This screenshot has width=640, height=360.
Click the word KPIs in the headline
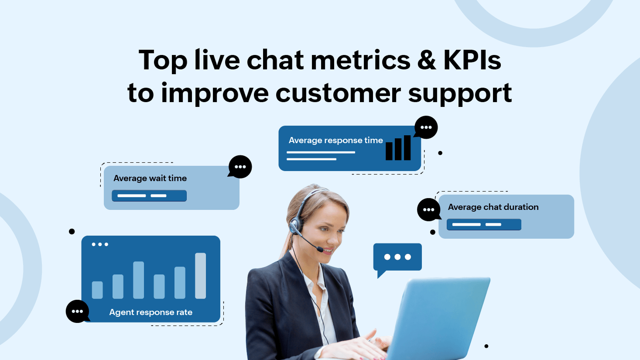(x=472, y=60)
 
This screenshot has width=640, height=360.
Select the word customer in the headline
(x=338, y=93)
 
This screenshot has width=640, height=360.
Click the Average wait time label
(x=150, y=178)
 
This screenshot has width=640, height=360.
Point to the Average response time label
(x=335, y=140)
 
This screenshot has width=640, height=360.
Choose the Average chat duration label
(x=493, y=207)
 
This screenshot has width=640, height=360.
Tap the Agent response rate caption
(x=151, y=312)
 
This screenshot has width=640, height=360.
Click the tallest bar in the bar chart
(x=200, y=275)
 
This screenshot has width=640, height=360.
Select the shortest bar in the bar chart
(x=97, y=290)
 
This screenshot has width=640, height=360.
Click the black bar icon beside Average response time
(x=398, y=148)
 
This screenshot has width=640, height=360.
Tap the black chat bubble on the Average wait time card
(x=240, y=167)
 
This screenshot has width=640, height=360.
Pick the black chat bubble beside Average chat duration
(x=429, y=209)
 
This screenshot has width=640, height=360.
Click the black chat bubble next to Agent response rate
(x=77, y=311)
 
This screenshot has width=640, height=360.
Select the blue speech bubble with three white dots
(x=397, y=257)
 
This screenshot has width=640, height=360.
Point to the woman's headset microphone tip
(x=320, y=249)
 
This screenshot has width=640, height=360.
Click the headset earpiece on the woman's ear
(x=295, y=226)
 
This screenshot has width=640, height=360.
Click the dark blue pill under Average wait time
(x=149, y=195)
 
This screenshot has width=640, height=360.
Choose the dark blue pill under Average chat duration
(x=484, y=224)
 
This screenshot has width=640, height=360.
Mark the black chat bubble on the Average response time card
(x=426, y=127)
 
